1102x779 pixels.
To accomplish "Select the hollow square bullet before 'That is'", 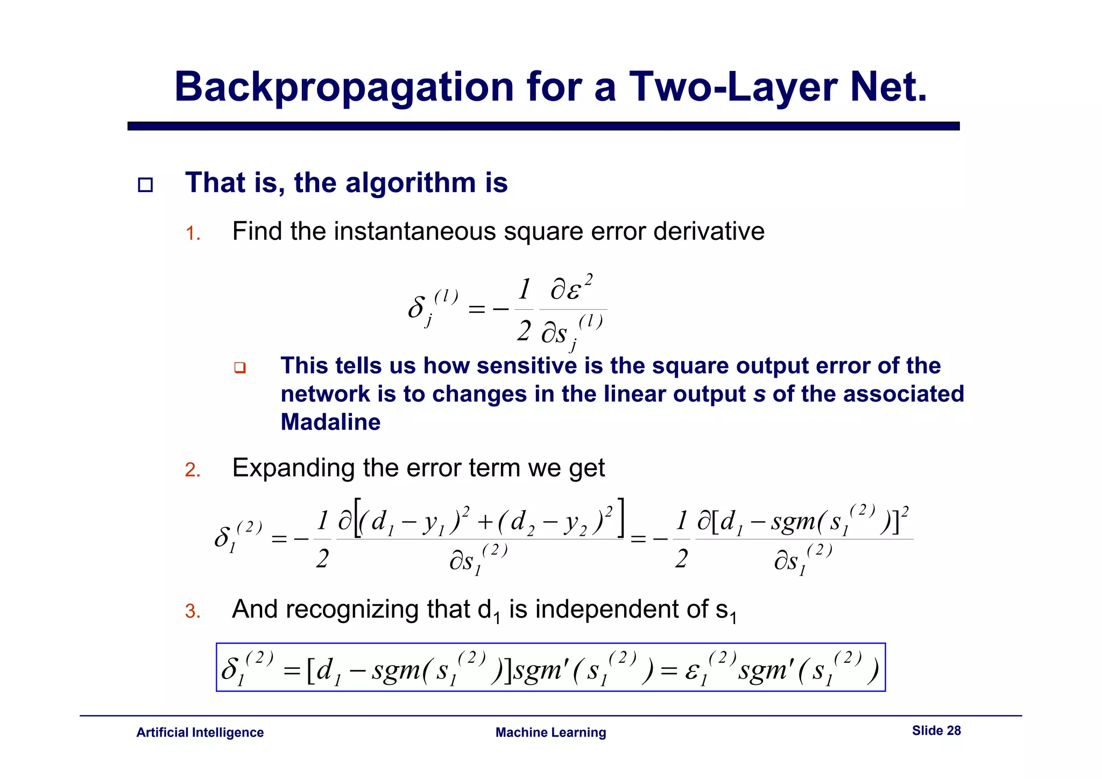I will click(x=145, y=185).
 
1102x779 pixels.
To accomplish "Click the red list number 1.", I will click(x=192, y=234).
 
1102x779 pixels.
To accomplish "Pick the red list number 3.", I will click(x=192, y=612).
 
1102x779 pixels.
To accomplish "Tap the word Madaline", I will click(x=330, y=422).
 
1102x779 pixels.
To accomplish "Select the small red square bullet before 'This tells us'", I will click(x=240, y=368).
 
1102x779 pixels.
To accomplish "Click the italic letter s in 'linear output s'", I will click(x=759, y=394).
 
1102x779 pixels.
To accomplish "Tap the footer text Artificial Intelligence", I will click(x=200, y=733).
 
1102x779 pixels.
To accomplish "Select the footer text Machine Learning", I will click(x=550, y=733).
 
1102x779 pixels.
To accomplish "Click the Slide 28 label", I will click(x=936, y=731).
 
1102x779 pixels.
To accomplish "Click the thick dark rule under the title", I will click(x=543, y=126).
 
